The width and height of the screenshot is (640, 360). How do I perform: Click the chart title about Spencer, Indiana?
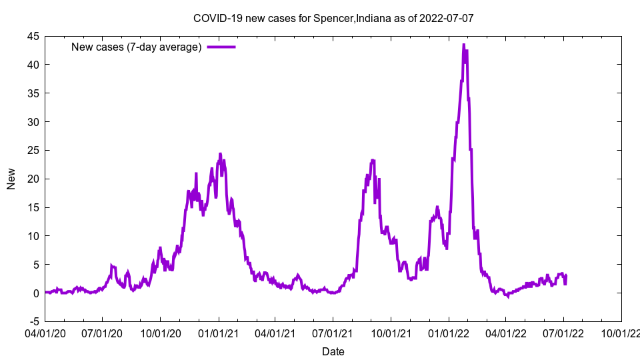coord(333,18)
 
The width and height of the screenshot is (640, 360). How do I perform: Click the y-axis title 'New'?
coord(11,179)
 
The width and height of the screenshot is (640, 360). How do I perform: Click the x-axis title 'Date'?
coord(333,351)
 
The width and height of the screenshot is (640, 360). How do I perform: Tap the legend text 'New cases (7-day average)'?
coord(136,47)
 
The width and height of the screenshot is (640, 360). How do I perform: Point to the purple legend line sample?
coord(221,47)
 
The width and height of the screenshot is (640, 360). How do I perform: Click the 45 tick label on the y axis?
coord(33,36)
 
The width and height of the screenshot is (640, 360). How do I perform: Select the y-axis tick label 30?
coord(33,122)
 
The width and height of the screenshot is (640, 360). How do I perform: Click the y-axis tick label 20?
coord(33,179)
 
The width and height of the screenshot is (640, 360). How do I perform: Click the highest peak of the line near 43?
coord(463,45)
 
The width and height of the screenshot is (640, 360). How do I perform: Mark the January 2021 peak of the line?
coord(220,154)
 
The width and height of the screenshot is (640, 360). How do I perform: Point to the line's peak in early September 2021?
coord(373,160)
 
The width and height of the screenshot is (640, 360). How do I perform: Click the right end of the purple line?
coord(566,277)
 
